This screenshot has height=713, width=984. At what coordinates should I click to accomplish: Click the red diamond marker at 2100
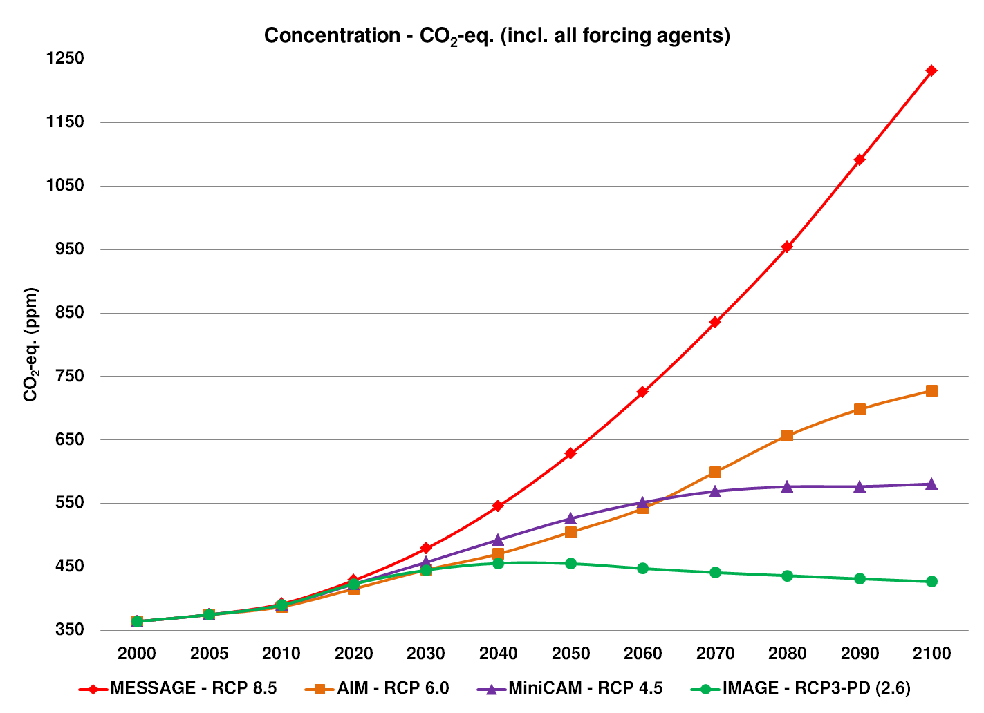931,70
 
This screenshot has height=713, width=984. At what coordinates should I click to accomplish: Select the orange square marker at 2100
931,391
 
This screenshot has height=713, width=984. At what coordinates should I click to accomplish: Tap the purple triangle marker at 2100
931,484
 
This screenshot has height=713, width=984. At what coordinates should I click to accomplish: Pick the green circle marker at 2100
931,582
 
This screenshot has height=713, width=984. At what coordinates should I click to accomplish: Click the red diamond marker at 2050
570,453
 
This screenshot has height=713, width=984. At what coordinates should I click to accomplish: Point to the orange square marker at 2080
787,435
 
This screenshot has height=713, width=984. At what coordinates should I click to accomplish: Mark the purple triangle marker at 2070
715,491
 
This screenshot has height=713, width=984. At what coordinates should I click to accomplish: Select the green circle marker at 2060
642,569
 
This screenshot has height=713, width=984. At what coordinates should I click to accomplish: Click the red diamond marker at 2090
860,160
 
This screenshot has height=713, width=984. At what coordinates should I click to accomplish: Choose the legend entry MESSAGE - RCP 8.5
193,688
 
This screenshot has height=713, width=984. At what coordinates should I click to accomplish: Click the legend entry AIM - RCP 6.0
393,688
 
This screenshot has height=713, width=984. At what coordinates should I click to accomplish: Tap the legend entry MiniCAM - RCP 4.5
585,688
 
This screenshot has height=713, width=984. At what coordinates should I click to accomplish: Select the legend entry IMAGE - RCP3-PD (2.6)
816,688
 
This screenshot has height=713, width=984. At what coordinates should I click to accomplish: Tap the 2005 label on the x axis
209,654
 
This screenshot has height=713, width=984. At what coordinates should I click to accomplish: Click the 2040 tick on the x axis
499,654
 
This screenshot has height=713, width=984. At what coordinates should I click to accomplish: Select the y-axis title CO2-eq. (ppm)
31,344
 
